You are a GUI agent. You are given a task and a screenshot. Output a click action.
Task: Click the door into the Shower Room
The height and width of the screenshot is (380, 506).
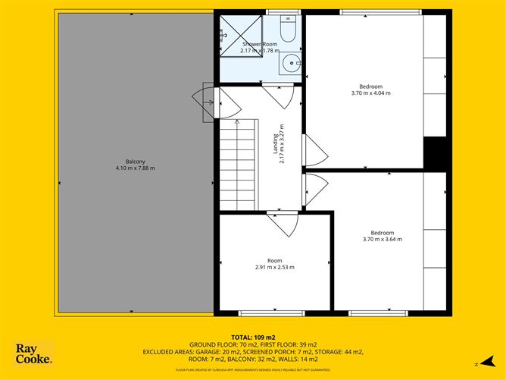click(x=278, y=96)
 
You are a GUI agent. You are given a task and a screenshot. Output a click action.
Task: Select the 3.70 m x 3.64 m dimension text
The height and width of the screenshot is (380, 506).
click(x=382, y=240)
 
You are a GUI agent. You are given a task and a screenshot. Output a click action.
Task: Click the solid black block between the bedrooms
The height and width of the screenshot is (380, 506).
click(x=434, y=154)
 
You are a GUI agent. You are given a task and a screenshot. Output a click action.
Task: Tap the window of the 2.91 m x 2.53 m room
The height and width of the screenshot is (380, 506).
click(x=261, y=312)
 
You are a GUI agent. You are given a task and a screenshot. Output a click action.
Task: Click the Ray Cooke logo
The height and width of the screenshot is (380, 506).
click(x=34, y=353)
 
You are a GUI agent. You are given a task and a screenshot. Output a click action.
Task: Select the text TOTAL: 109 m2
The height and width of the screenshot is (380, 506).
click(x=253, y=337)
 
